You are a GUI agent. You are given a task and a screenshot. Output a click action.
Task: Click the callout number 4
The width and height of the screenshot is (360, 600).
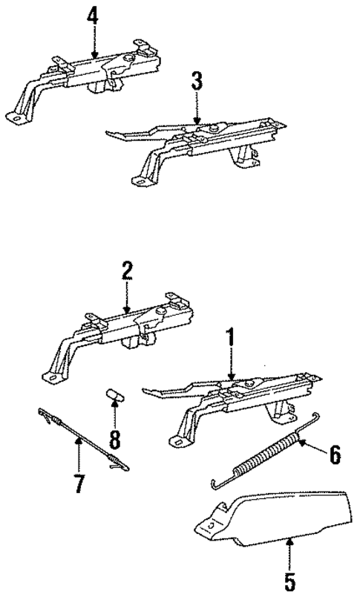point(94,14)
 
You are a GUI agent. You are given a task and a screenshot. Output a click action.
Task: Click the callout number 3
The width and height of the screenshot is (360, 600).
point(197,81)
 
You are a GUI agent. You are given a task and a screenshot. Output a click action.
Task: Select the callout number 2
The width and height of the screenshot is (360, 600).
point(127,270)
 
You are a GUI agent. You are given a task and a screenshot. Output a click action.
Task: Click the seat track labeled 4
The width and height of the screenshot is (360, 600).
point(96,74)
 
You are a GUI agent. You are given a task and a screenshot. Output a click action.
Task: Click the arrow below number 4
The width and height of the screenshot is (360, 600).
point(94,41)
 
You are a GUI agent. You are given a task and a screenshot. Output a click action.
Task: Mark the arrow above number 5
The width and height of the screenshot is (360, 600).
point(290,553)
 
